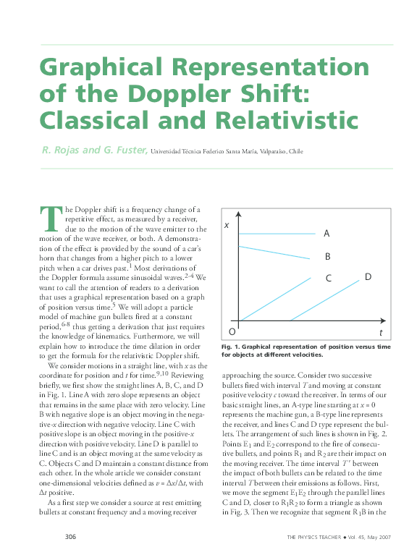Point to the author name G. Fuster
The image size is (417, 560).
point(125,151)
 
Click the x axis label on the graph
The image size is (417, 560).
point(227,226)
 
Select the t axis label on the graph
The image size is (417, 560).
point(381,332)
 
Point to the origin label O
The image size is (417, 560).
point(232,331)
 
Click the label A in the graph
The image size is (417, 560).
point(327,234)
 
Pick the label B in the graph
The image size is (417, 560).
point(327,256)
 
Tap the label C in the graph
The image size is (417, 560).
point(328,279)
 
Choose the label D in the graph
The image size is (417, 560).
point(368,276)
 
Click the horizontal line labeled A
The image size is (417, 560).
point(275,234)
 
